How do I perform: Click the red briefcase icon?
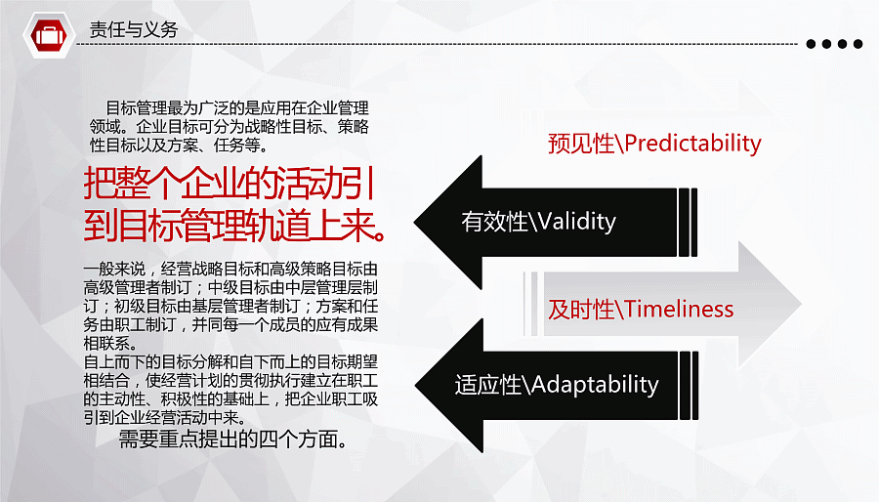49,35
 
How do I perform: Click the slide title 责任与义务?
134,29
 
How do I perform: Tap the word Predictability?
692,144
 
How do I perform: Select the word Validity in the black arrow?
576,222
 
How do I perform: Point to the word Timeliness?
679,310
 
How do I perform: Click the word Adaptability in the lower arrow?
595,385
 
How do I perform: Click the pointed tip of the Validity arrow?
415,222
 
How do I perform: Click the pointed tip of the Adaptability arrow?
416,386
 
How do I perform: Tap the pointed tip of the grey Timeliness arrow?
801,304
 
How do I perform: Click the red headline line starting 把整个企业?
230,184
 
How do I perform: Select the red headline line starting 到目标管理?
234,226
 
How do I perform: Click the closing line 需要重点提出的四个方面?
232,439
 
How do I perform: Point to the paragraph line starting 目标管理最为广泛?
237,107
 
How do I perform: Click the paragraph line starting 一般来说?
230,269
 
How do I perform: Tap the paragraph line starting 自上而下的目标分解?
230,362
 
